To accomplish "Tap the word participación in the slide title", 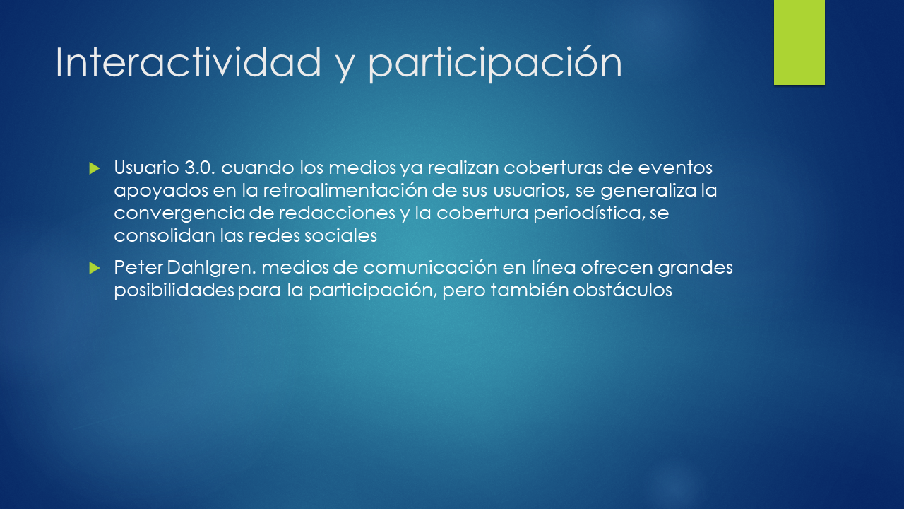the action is click(495, 64).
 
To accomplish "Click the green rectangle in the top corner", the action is click(799, 42).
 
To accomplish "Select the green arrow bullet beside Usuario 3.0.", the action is click(95, 168).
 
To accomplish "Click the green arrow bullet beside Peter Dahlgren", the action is click(95, 268).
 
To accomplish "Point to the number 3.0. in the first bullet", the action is click(200, 168).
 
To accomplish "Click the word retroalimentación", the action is click(345, 190).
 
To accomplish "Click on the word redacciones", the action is click(337, 213).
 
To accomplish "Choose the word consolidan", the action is click(165, 235).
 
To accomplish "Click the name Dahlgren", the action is click(211, 267).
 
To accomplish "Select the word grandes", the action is click(695, 268).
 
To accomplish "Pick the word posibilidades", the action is click(174, 291).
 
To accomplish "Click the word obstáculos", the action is click(622, 290).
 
